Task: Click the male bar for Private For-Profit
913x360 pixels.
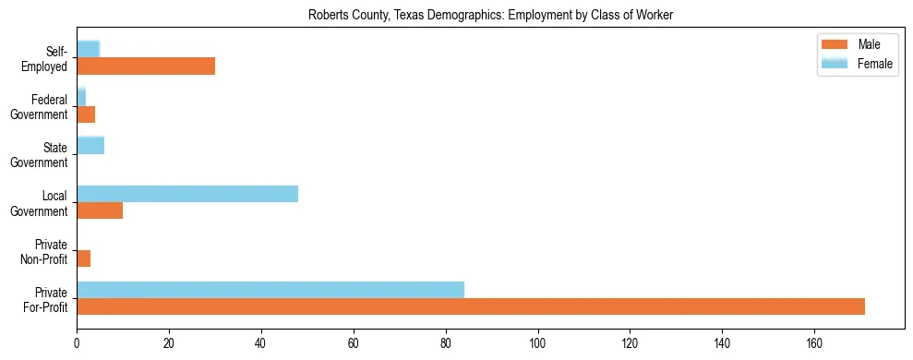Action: tap(471, 306)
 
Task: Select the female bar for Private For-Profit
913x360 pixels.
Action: tap(270, 290)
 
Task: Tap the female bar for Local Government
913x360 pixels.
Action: tap(187, 194)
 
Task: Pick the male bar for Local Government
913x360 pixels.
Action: tap(100, 210)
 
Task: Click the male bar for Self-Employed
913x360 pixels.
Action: tap(146, 66)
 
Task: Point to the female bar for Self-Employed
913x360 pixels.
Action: tap(88, 49)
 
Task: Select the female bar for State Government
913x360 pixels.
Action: tap(90, 146)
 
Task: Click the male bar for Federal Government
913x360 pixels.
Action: tap(86, 114)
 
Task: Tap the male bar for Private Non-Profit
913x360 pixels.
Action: tap(83, 258)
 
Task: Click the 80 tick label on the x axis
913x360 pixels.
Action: tap(445, 344)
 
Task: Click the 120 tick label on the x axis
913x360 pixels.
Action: tap(630, 344)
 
